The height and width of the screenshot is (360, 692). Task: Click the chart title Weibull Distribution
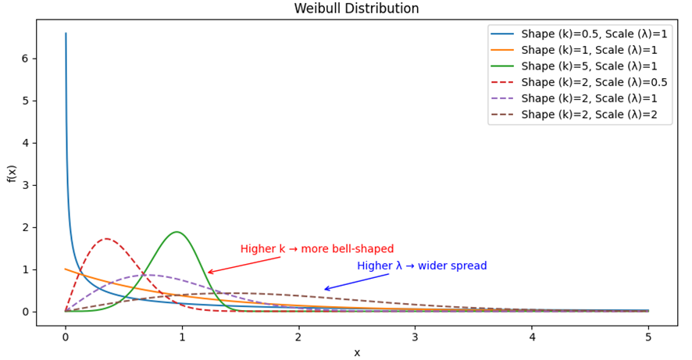coord(356,9)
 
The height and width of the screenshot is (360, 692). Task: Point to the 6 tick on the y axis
coord(25,59)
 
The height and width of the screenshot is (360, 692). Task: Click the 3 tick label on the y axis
coord(25,185)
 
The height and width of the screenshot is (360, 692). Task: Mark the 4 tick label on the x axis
coord(532,338)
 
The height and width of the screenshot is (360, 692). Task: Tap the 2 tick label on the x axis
coord(298,338)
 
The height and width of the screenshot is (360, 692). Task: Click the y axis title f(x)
coord(11,173)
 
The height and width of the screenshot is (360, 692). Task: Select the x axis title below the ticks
coord(357,352)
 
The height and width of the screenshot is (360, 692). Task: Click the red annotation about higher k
coord(316,249)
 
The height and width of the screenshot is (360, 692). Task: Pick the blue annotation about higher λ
coord(422,266)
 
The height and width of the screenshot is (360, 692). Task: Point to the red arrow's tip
coord(208,273)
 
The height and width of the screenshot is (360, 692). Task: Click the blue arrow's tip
coord(324,290)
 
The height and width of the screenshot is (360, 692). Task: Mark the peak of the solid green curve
coord(177,232)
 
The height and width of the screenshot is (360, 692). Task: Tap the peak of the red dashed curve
coord(106,239)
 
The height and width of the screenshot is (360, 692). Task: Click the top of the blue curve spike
coord(66,34)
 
